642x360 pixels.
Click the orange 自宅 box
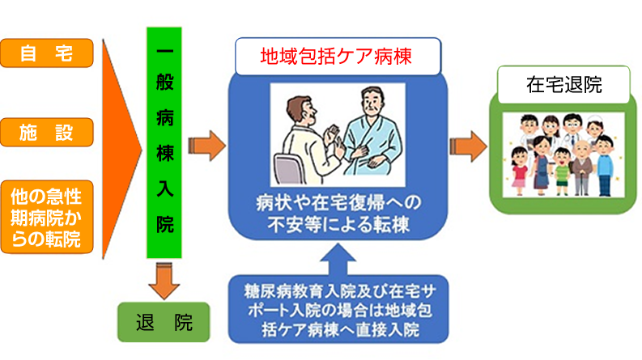[47, 53]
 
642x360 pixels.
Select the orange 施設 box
[47, 132]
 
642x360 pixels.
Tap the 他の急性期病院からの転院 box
[47, 218]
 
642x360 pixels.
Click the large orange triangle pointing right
[121, 150]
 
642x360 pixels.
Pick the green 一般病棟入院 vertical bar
[164, 142]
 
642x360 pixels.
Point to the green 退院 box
[164, 322]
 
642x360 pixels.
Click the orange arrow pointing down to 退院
[164, 282]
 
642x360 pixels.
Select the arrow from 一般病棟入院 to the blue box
[206, 146]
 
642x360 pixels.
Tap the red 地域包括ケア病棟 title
[336, 57]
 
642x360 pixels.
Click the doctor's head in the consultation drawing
[302, 112]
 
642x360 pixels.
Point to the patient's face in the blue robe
[372, 104]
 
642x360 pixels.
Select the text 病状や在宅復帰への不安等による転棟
[338, 214]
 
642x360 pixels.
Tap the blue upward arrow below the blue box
[338, 260]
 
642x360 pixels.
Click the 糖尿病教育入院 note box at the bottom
[338, 310]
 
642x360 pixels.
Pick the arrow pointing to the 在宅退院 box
[469, 146]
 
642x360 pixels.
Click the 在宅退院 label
[563, 85]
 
